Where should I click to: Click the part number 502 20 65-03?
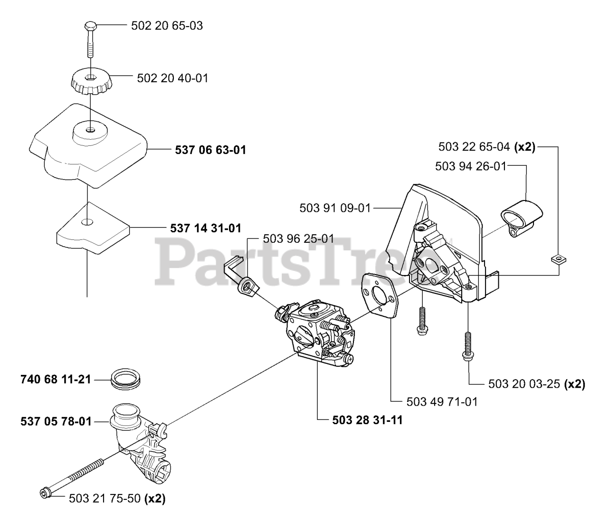click(x=167, y=26)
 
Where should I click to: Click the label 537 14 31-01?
click(x=206, y=228)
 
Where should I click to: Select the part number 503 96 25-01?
click(x=298, y=238)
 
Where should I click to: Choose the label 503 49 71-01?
click(x=442, y=402)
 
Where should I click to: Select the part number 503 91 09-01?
click(x=335, y=208)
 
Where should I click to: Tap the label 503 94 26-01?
click(x=471, y=166)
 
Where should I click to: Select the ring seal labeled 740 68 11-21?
click(x=126, y=381)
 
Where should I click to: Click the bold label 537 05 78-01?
click(x=56, y=421)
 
